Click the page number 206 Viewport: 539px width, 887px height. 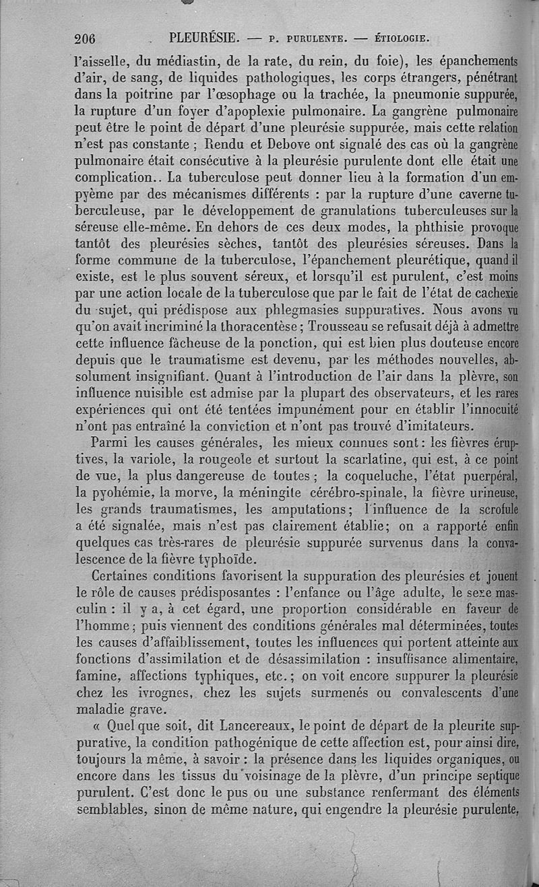click(85, 38)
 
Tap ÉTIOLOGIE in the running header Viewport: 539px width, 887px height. click(402, 38)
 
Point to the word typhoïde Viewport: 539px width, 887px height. click(224, 559)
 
